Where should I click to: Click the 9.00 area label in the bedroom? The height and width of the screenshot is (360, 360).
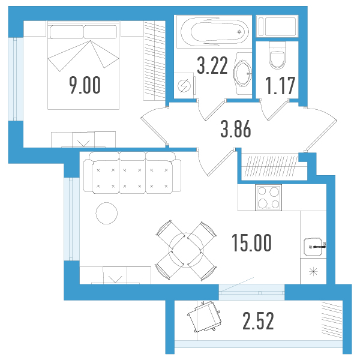85,85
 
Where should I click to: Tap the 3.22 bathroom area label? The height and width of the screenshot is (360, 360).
212,65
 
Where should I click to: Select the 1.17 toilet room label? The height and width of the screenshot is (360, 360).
280,86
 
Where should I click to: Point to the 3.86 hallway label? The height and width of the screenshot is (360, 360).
236,129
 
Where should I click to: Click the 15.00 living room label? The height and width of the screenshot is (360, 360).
251,242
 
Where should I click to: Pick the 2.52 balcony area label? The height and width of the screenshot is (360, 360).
258,321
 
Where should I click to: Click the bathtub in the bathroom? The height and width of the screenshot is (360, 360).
215,31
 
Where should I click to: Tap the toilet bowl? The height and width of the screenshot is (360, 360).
277,55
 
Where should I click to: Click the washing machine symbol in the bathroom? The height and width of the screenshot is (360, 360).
184,86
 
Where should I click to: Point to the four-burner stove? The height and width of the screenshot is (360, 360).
268,197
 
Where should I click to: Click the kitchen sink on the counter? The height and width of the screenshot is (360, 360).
313,247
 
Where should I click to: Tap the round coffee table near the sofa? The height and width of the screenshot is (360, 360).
107,213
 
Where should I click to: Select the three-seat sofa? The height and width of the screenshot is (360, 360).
132,172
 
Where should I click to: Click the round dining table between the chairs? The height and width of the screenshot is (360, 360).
186,250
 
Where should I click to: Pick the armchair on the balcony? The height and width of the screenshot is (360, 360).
205,316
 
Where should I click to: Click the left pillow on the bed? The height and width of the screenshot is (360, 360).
67,32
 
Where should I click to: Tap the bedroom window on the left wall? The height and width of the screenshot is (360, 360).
16,79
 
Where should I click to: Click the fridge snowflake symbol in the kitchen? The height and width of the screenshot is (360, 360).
313,272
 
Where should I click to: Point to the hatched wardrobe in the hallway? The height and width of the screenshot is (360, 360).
272,166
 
